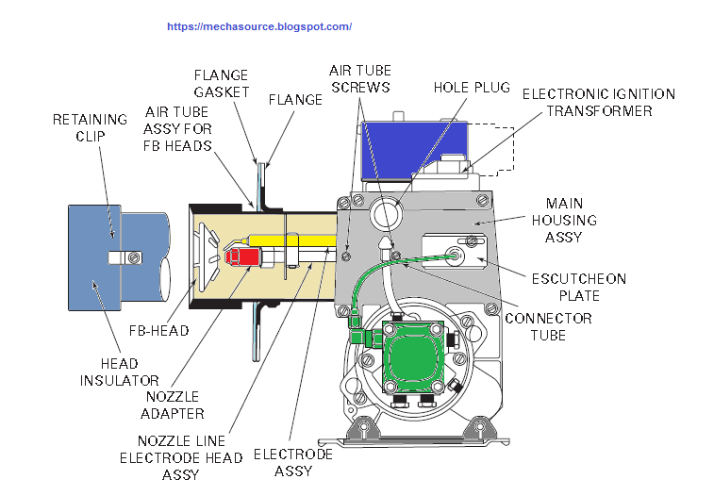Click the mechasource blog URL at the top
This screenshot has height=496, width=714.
pos(259,26)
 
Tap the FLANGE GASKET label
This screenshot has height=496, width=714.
pos(222,83)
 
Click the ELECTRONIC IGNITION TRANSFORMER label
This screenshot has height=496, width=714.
pos(598,103)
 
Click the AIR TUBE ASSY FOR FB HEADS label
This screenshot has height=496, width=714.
pos(178,128)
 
